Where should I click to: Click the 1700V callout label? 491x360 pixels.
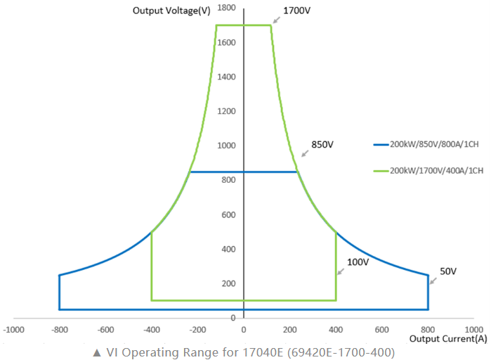296,11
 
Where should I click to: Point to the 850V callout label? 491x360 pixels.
322,144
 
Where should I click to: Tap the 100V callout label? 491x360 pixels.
358,262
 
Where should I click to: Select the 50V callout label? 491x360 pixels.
448,271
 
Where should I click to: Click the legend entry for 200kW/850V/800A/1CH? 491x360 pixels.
426,144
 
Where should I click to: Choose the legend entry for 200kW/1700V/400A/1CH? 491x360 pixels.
428,171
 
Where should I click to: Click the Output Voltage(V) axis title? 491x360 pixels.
171,11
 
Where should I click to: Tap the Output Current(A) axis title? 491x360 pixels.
448,339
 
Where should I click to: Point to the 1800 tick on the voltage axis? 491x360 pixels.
226,8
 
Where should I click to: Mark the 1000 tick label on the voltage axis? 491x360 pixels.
226,146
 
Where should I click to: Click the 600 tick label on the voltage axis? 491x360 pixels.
228,215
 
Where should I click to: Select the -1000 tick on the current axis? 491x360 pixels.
14,330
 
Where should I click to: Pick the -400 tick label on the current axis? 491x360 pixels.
152,330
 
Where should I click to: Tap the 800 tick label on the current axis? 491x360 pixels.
428,330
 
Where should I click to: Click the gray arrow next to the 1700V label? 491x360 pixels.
276,20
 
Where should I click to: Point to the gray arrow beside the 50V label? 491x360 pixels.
433,281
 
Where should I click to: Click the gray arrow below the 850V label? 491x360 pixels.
305,153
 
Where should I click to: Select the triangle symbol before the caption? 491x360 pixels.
97,353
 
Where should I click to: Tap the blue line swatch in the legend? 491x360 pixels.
381,145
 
